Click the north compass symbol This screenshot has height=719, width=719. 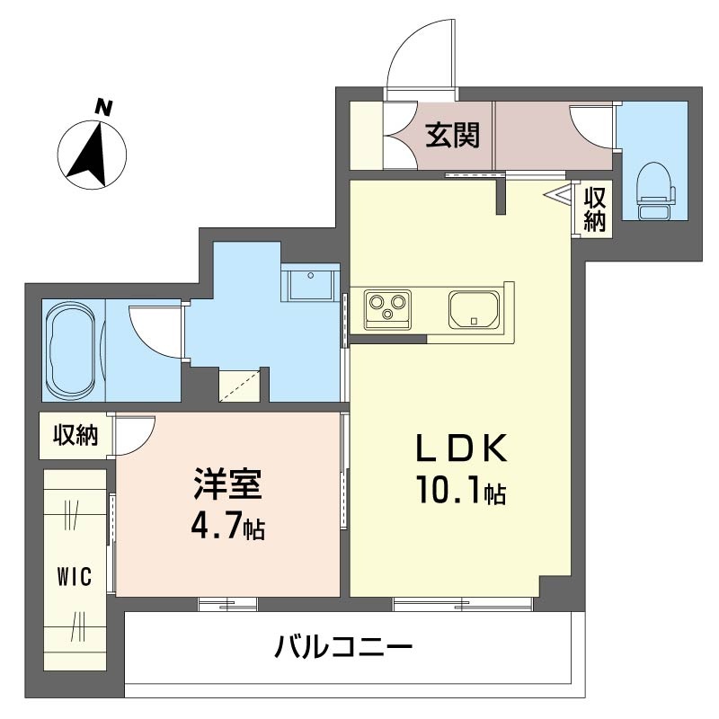(92, 155)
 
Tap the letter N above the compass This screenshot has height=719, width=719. (103, 107)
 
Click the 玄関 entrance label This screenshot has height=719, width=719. (453, 135)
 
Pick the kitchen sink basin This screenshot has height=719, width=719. (475, 309)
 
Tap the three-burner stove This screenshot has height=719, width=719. (387, 309)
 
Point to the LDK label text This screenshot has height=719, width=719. (461, 447)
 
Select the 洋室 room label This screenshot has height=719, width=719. (228, 484)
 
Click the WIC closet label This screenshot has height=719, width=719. (75, 576)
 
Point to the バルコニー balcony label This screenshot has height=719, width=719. (343, 647)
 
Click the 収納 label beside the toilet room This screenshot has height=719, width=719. (595, 209)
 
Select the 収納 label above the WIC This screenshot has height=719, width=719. (75, 435)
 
